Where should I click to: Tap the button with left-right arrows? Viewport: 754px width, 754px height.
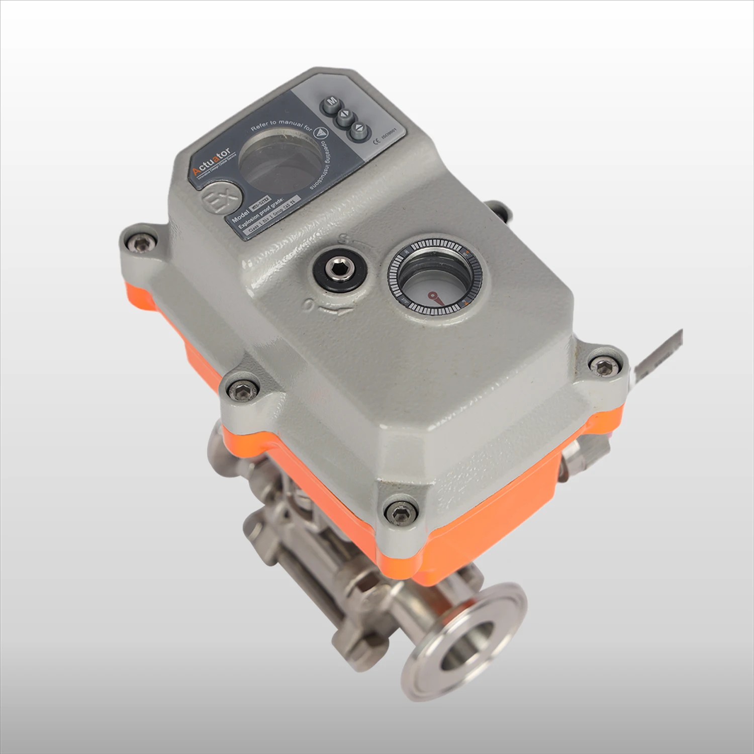[x=345, y=117]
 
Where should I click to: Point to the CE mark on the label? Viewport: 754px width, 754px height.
[x=377, y=140]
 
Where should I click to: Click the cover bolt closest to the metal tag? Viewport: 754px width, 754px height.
[x=602, y=367]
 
